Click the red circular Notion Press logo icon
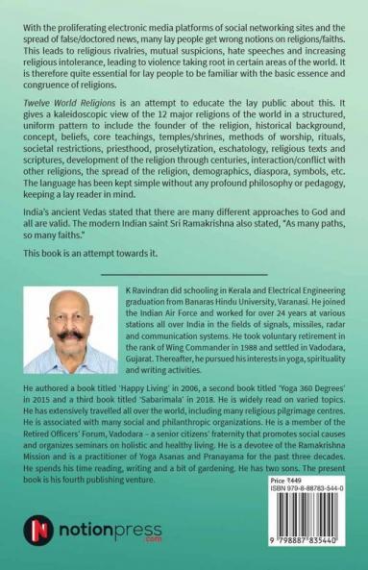click(39, 529)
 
